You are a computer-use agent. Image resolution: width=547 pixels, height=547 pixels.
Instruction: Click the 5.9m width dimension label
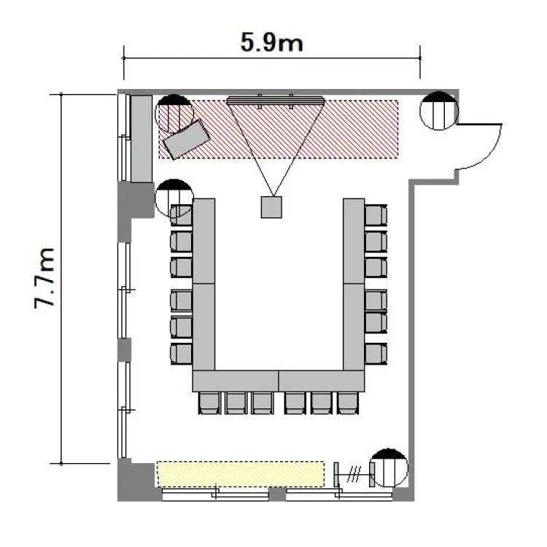(272, 42)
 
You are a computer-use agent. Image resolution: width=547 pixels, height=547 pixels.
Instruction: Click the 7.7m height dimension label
(44, 278)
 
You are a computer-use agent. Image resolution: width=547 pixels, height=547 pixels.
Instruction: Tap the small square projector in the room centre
(271, 207)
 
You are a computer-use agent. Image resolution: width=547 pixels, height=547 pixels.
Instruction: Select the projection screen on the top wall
(276, 101)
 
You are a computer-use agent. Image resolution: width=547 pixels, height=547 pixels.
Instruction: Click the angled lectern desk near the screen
(187, 139)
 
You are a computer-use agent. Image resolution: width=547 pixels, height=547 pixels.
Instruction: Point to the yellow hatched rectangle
(241, 474)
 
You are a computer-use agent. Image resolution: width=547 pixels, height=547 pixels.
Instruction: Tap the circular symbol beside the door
(439, 111)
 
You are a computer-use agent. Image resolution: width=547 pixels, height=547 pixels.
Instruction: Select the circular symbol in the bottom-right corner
(389, 468)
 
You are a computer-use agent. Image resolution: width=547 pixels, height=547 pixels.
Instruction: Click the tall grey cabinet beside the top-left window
(141, 139)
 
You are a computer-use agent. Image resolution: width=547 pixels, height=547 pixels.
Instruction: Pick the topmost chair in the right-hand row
(376, 215)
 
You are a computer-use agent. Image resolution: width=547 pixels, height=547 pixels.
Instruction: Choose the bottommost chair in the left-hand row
(181, 354)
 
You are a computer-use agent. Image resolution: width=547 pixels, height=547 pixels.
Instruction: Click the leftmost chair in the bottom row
(209, 403)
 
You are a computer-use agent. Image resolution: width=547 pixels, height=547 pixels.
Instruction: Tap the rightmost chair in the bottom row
(348, 403)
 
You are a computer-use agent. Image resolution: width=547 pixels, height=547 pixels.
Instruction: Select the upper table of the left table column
(203, 241)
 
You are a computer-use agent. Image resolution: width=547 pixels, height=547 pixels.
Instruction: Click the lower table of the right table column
(354, 327)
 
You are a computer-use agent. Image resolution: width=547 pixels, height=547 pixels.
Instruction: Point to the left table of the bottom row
(236, 381)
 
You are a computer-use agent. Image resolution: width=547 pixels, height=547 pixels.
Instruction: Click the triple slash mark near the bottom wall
(354, 475)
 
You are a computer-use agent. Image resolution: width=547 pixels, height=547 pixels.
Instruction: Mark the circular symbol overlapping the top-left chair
(174, 198)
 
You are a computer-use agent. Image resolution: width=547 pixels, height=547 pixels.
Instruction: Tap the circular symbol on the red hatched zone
(174, 113)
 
